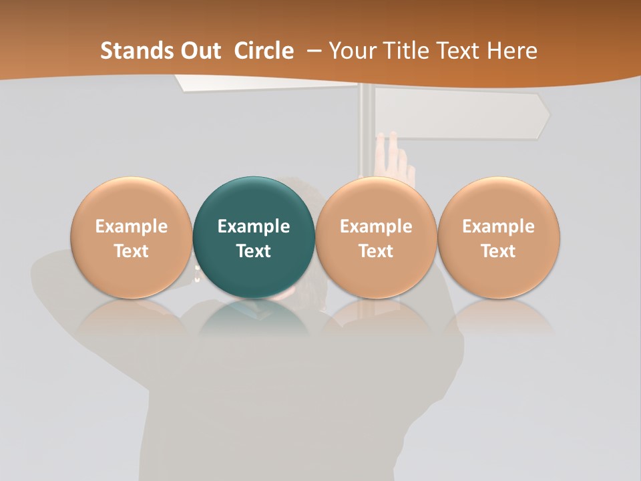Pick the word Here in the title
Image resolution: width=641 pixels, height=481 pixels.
[x=511, y=51]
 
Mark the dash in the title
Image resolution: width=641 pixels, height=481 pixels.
[x=312, y=51]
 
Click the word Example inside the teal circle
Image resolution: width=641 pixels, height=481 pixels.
[x=254, y=226]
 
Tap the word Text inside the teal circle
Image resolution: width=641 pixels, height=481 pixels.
[x=254, y=251]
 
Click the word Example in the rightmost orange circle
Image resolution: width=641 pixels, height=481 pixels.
[x=498, y=226]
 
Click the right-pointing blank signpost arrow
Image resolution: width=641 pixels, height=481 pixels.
[x=461, y=114]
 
